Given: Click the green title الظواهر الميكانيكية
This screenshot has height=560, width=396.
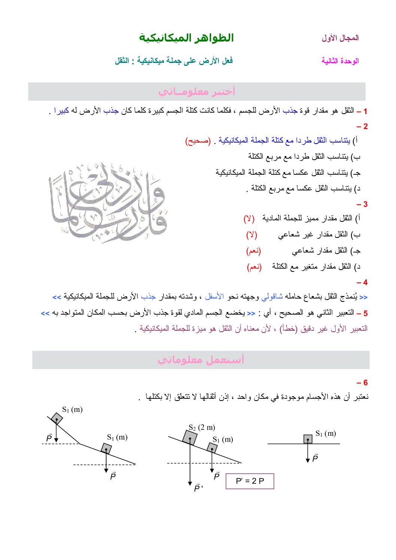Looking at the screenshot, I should click(x=186, y=38).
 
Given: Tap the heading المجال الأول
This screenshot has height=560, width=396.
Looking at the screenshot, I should click(x=340, y=38).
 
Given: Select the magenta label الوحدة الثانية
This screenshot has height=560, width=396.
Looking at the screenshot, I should click(x=340, y=61).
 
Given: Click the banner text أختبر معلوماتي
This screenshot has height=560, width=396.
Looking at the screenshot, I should click(x=197, y=91).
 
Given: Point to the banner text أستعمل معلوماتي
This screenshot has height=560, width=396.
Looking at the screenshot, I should click(x=201, y=360).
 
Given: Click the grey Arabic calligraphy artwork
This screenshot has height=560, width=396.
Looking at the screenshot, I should click(x=107, y=202).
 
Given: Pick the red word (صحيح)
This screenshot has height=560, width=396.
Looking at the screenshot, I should click(x=198, y=141).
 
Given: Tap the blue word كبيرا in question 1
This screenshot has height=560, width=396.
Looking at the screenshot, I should click(x=62, y=111).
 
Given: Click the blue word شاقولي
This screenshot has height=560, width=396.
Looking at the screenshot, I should click(x=272, y=297).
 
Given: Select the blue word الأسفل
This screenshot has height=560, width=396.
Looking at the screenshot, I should click(x=214, y=297).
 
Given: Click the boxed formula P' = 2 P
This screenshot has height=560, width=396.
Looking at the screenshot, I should click(x=250, y=481).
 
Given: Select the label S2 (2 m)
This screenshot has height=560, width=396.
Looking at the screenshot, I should click(x=202, y=427).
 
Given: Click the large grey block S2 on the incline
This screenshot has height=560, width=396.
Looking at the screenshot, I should click(x=190, y=437).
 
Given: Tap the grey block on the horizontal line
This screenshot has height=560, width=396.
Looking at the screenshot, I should click(x=308, y=439).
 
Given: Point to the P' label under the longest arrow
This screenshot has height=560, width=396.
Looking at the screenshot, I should click(x=198, y=488).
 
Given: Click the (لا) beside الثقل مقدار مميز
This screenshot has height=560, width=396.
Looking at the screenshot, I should click(x=249, y=218).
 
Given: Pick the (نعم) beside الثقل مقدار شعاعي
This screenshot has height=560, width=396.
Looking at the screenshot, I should click(x=253, y=251).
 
